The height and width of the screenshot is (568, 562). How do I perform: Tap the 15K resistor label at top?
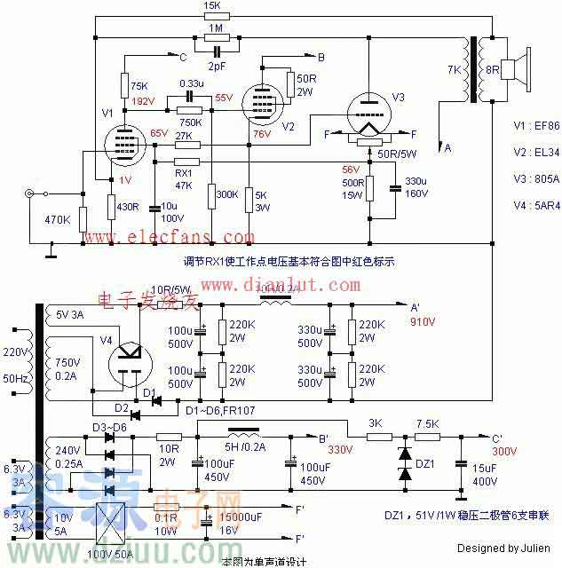pos(212,5)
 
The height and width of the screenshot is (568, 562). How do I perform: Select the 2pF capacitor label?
pos(216,66)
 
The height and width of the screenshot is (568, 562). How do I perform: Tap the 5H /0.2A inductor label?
pos(246,447)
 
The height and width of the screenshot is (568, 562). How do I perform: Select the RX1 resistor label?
pos(184,173)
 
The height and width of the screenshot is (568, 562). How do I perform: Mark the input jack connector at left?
pos(34,194)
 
